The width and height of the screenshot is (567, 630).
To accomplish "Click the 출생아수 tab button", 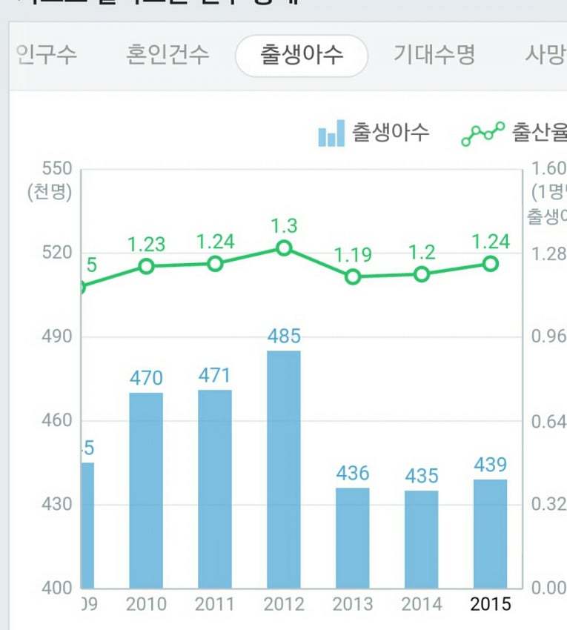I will coord(302,55).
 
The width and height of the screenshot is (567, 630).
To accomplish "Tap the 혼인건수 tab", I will coord(168,55).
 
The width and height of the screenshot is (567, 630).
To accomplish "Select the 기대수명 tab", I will coord(434,55).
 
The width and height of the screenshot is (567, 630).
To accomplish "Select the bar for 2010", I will coord(146,489).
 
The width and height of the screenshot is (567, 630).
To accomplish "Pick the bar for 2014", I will coord(422,539).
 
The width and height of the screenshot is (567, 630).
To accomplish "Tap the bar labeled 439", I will coord(491,533).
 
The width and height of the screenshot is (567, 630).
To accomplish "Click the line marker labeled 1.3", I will coord(284,248).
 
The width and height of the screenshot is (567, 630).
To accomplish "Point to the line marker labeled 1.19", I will coord(353,276).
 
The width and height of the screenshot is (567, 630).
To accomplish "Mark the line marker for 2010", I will coord(146,266).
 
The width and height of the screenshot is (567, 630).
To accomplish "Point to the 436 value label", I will coord(353,473).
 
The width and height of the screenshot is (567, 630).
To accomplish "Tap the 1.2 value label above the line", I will coord(422,253).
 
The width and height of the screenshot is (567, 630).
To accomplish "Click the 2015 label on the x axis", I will coord(491,605).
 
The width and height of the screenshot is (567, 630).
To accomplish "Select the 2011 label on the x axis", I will coord(215,605).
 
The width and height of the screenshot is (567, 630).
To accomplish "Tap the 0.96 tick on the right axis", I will coord(548,337).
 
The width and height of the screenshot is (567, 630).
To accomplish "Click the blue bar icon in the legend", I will coord(331,134).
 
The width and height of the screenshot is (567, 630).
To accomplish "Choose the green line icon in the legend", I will coord(483,134).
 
